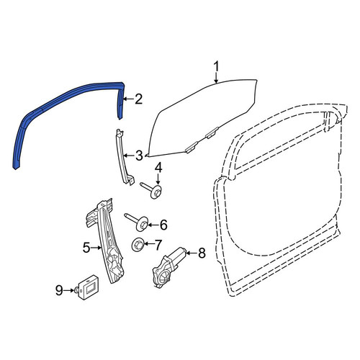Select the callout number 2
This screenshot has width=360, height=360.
point(139,99)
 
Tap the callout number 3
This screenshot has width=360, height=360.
point(139,156)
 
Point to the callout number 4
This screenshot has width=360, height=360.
point(158,168)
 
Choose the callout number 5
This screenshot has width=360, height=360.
point(87,248)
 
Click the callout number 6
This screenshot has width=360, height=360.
point(163,225)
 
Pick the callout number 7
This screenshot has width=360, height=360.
point(158,245)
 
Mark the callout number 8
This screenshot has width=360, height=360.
point(201,253)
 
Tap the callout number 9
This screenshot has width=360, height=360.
point(59,290)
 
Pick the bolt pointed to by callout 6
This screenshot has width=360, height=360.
point(138,220)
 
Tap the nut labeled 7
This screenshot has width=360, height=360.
point(138,245)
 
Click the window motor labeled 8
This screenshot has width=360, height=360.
point(168,268)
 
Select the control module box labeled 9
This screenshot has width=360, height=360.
point(88,287)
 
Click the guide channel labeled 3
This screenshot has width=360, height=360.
point(124,157)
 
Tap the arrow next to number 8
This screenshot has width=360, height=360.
point(191,253)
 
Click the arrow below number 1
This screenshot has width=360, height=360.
point(216,78)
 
